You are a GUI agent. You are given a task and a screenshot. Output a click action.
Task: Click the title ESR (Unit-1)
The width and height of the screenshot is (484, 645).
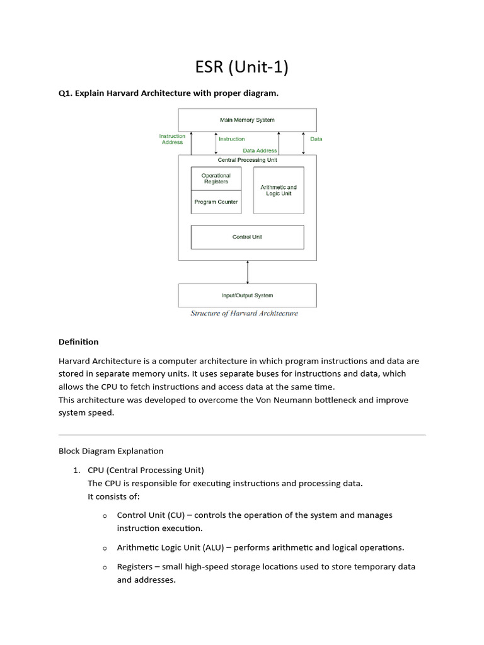tap(242, 66)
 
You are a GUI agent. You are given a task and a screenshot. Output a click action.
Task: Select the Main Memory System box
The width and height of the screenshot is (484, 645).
tap(247, 120)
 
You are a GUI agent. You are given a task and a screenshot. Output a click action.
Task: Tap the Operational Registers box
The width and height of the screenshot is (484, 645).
tap(216, 178)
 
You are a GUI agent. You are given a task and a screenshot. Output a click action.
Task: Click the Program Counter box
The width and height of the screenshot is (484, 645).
tap(216, 202)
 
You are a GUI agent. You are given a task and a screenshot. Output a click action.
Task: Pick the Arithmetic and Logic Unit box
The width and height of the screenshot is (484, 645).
tap(278, 190)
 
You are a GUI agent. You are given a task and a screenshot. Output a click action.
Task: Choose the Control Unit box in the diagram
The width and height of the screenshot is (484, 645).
tap(247, 237)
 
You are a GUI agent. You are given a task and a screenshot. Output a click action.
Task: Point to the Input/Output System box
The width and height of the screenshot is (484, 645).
tap(247, 295)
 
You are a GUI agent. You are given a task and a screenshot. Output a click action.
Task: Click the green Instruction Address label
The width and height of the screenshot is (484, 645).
tap(172, 139)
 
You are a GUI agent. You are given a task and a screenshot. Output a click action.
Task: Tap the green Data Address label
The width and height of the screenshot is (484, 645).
tap(260, 151)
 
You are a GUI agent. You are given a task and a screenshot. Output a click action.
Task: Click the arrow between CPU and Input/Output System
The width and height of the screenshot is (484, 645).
tap(248, 272)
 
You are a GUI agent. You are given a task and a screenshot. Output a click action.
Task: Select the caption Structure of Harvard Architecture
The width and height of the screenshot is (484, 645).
tap(245, 314)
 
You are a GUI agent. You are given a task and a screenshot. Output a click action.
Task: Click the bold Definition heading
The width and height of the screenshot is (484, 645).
tap(79, 342)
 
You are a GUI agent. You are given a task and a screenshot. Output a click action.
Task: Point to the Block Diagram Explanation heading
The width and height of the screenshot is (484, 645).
tap(111, 451)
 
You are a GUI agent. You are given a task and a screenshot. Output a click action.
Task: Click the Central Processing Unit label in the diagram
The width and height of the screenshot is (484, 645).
tap(247, 160)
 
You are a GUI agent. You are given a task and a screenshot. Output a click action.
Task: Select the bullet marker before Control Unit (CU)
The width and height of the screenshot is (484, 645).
tap(105, 516)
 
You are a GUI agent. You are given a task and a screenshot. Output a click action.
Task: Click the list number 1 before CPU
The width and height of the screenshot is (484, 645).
tap(76, 471)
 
